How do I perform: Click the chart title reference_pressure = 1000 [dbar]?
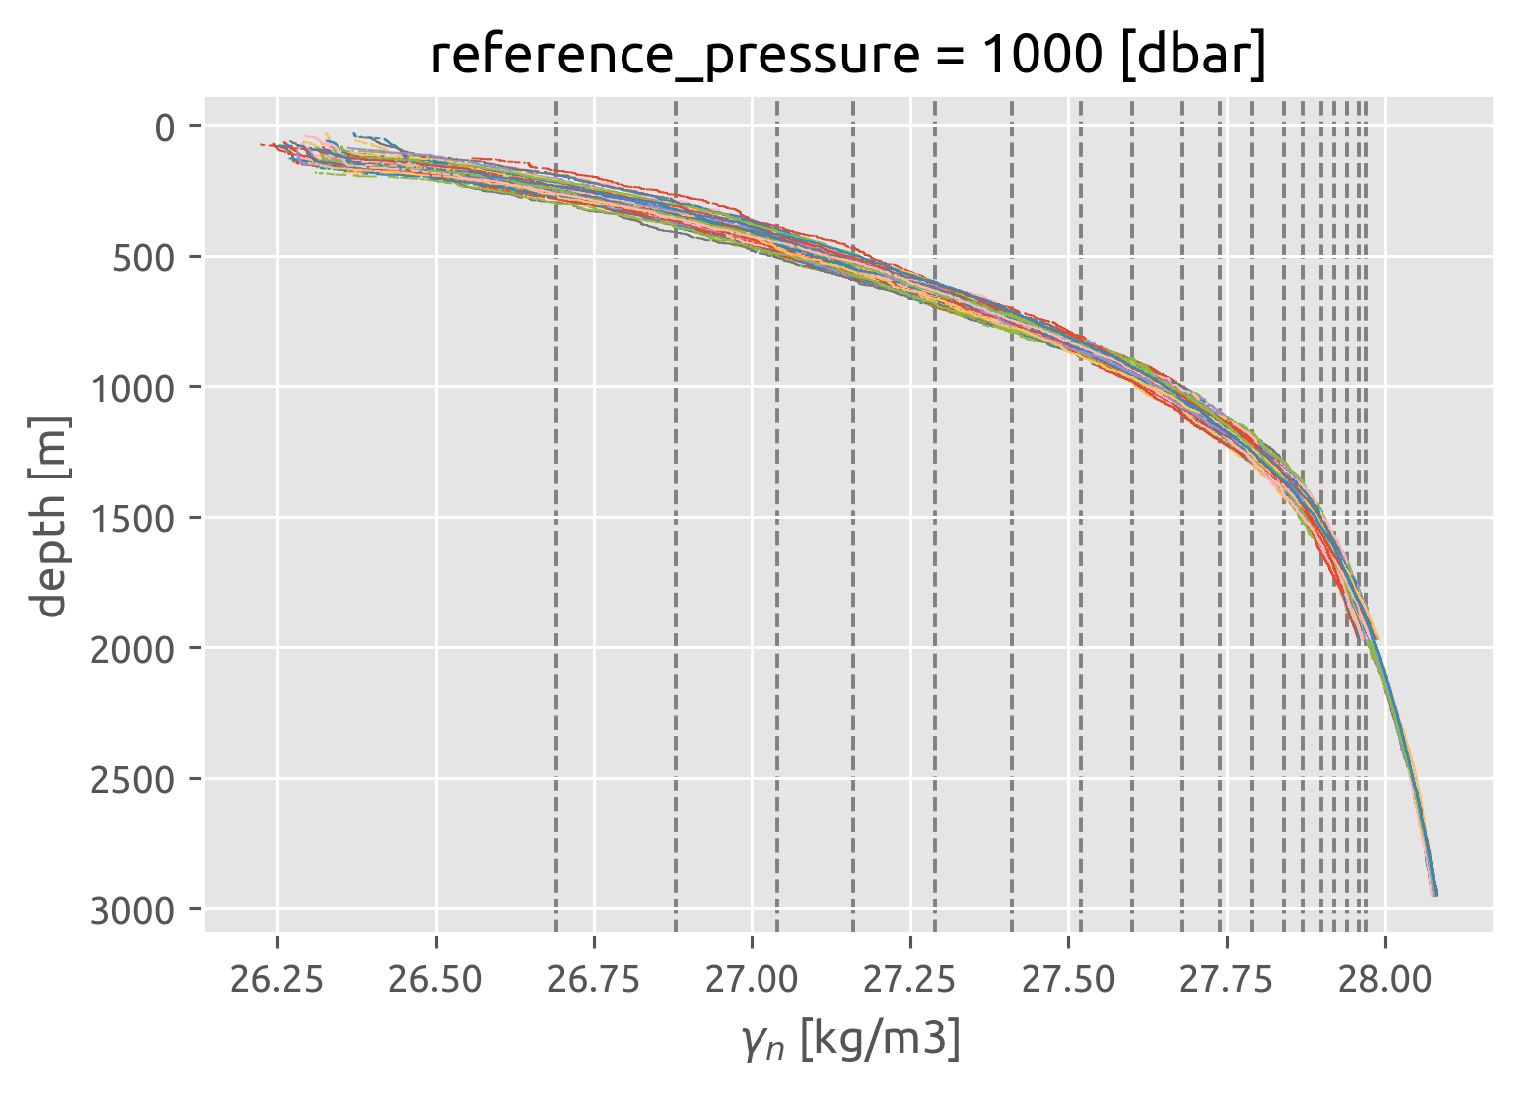tap(848, 56)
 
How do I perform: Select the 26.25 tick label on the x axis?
tap(277, 980)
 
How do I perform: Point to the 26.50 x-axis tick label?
tap(436, 980)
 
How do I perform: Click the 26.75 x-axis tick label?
tap(594, 980)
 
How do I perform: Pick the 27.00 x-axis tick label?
tap(752, 980)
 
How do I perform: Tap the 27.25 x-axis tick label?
tap(910, 980)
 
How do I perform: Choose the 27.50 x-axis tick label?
tap(1068, 980)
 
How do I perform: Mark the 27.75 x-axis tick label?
tap(1227, 980)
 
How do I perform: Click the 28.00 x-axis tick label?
tap(1386, 980)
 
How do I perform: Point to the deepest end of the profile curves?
tap(1434, 893)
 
